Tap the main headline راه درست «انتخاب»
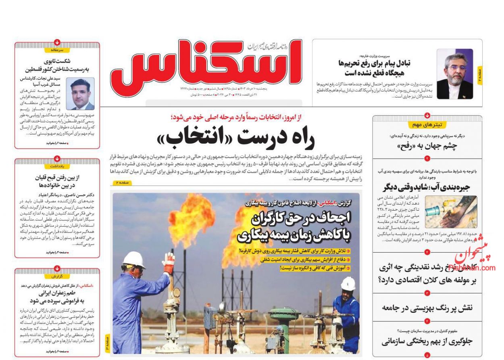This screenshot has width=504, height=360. (x=236, y=138)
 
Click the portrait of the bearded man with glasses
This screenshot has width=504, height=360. (x=455, y=74)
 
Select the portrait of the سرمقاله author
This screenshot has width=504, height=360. (x=80, y=94)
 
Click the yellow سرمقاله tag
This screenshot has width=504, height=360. (x=57, y=50)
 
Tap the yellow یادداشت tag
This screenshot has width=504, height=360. (x=57, y=166)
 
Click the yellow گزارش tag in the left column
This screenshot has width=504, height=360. (x=57, y=276)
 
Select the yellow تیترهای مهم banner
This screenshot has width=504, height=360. (x=427, y=125)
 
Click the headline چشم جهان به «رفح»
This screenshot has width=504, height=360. (x=427, y=147)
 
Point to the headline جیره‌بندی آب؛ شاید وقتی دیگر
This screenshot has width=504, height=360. (x=427, y=187)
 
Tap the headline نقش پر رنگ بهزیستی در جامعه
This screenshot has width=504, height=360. (x=427, y=308)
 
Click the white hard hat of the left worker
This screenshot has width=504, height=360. (x=134, y=260)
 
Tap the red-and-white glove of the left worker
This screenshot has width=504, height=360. (x=169, y=263)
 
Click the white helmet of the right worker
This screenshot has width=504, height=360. (x=348, y=284)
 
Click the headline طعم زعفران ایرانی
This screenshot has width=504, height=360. (x=57, y=293)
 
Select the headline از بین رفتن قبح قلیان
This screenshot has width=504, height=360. (x=57, y=180)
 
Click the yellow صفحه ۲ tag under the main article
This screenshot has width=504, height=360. (x=122, y=183)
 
